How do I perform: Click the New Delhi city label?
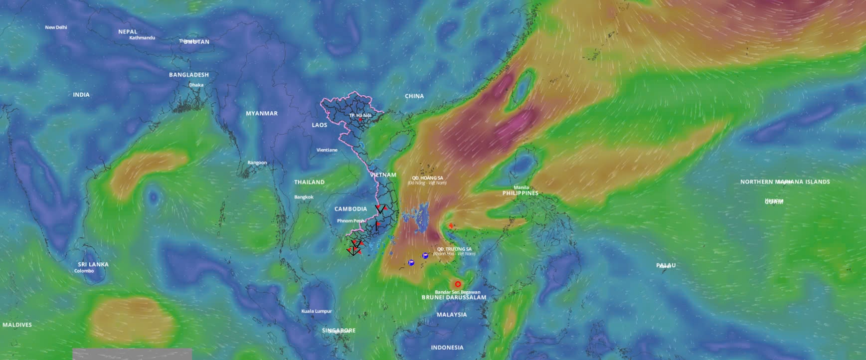[x=56, y=27]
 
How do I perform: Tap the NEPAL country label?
[x=128, y=31]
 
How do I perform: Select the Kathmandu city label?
[x=142, y=38]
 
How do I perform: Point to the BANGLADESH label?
[x=189, y=75]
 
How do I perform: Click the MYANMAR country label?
[x=262, y=113]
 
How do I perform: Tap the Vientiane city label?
[x=327, y=150]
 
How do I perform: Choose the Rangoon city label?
[x=257, y=163]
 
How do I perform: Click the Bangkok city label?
[x=304, y=197]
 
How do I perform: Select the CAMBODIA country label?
[x=350, y=209]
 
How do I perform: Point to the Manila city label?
[x=521, y=187]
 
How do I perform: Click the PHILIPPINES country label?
[x=520, y=193]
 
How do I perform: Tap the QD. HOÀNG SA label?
[x=427, y=178]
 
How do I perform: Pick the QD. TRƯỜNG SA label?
[x=454, y=249]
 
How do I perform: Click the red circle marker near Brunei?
[x=458, y=284]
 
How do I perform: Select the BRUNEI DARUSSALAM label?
[x=454, y=297]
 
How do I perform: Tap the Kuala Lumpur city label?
[x=317, y=311]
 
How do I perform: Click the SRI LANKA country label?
[x=93, y=264]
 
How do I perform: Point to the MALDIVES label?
[x=17, y=325]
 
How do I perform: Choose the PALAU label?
[x=666, y=265]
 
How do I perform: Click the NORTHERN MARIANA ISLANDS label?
[x=785, y=182]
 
